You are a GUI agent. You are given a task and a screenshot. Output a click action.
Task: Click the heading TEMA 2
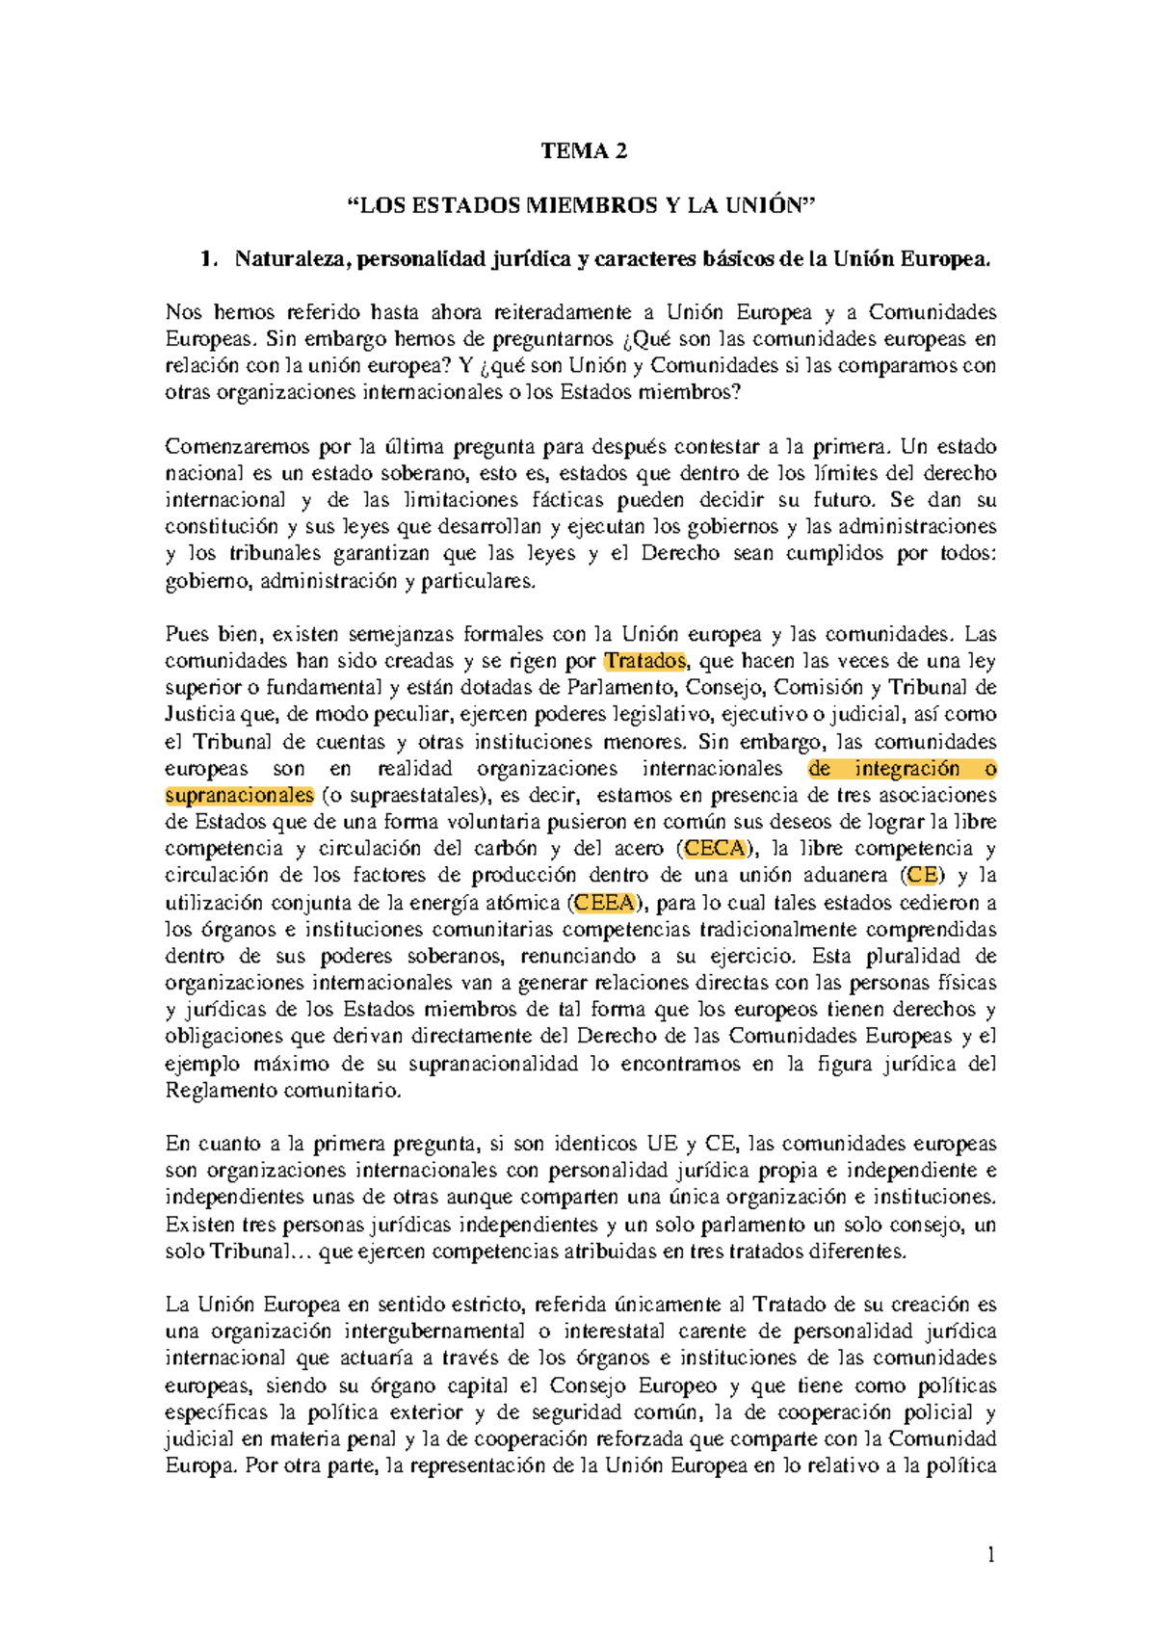click(x=584, y=150)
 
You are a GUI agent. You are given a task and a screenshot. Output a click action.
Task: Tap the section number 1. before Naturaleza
click(x=206, y=259)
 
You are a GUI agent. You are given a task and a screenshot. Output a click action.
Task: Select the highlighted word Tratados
click(x=644, y=661)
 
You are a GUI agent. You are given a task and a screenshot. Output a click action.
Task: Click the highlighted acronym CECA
click(x=715, y=849)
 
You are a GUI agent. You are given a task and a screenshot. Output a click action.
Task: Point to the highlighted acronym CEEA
click(x=605, y=903)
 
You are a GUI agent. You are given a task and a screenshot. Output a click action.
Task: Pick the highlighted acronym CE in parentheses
click(x=922, y=876)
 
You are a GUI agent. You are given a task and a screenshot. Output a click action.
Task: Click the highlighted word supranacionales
click(x=239, y=796)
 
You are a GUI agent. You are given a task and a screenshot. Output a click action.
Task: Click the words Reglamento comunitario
click(x=282, y=1091)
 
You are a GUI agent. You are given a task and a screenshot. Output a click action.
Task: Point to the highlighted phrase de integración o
click(x=902, y=769)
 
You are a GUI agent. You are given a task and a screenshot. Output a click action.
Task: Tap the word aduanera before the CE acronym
click(x=847, y=876)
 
